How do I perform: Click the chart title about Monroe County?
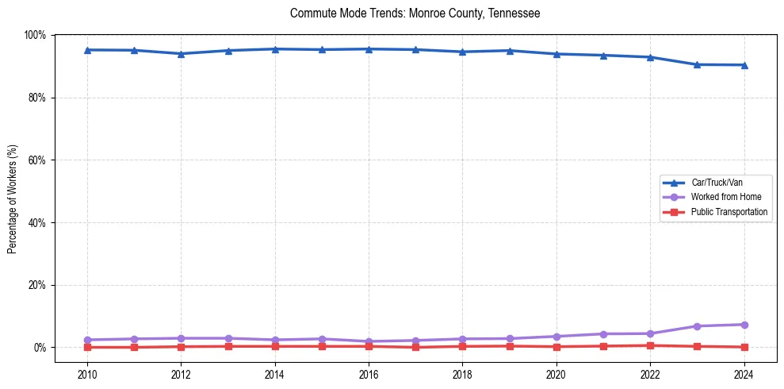[x=415, y=13]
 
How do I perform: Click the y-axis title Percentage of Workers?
[x=13, y=198]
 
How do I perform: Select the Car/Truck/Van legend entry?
[x=717, y=182]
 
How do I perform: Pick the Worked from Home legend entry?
[x=725, y=197]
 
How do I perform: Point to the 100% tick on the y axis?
[x=35, y=35]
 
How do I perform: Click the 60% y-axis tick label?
[x=36, y=160]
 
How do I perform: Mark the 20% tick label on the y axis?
[x=36, y=285]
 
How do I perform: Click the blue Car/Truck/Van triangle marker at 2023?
[x=697, y=64]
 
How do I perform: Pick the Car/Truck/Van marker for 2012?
[x=181, y=54]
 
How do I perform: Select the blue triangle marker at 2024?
[x=744, y=65]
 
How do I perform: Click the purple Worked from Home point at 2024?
[x=744, y=325]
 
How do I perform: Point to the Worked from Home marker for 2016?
[x=368, y=341]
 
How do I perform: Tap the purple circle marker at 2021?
[x=603, y=334]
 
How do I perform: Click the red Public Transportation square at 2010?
[x=87, y=347]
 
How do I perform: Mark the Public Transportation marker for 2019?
[x=510, y=346]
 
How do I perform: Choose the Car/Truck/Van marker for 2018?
[x=462, y=52]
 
